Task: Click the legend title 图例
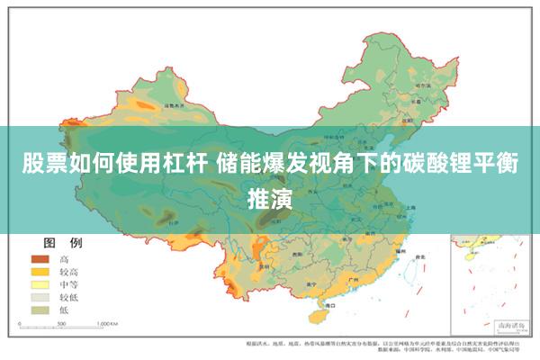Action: [63, 243]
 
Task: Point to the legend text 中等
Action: [69, 283]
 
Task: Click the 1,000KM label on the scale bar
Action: [107, 322]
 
